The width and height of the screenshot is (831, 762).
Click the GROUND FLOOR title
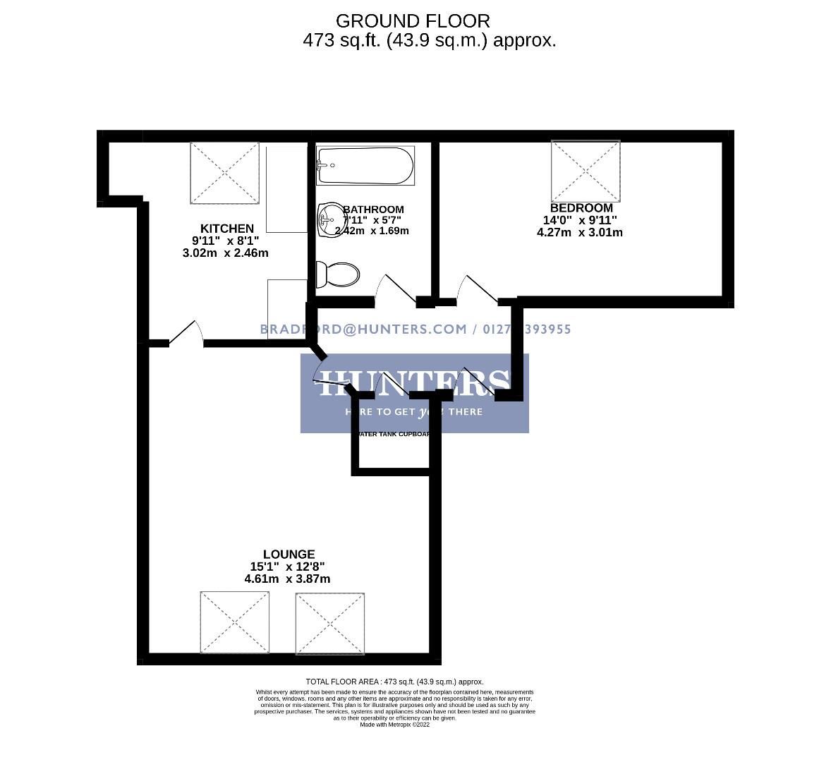tap(412, 21)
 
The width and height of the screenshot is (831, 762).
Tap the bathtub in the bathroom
tap(365, 166)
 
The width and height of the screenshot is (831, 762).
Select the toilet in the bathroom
tap(338, 274)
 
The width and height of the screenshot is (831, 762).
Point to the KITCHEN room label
tap(226, 229)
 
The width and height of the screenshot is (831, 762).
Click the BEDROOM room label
tap(581, 208)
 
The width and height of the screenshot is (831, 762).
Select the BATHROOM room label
tap(374, 210)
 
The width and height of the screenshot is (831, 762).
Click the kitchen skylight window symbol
tap(225, 173)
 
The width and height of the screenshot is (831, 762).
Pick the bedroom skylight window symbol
tap(586, 170)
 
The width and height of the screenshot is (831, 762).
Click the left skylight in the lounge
tap(235, 622)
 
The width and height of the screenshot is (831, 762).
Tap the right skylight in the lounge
tap(331, 623)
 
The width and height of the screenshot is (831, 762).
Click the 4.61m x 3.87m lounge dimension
tap(287, 579)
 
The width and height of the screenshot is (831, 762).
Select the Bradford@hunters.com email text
tap(363, 329)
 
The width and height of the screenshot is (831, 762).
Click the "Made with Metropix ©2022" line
tap(394, 725)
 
